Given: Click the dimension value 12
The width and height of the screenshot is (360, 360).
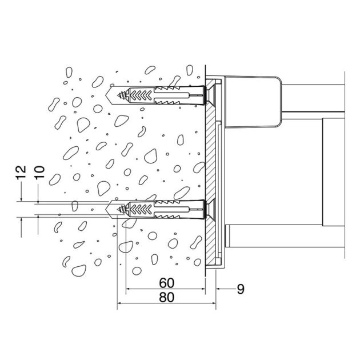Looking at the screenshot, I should [20, 173].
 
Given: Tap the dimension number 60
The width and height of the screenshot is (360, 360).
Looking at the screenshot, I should [166, 282].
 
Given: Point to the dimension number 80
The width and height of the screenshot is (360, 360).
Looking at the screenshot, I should [166, 297].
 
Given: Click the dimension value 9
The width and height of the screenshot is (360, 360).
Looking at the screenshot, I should [240, 289].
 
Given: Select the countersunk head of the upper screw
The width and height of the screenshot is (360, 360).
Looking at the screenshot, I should [209, 94].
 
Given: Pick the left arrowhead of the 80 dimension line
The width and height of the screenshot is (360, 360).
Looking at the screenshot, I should [120, 303].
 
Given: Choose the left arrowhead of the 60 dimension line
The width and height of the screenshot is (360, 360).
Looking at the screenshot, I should [129, 289].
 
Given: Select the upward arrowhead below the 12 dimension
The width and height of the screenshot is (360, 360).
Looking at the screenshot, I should [20, 220].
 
